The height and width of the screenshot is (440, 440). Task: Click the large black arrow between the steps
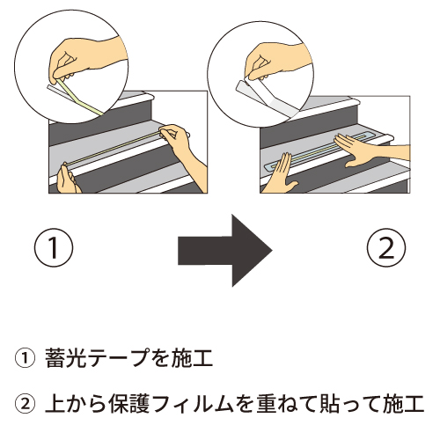[x=226, y=251]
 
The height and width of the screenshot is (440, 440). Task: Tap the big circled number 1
[x=54, y=248]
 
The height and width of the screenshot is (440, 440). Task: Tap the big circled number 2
[x=386, y=248]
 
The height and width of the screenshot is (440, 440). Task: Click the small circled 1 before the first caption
[x=25, y=358]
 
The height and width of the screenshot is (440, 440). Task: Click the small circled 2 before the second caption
[x=25, y=404]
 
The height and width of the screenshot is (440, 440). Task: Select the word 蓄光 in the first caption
[x=67, y=358]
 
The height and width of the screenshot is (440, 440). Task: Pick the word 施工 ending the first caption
[x=192, y=358]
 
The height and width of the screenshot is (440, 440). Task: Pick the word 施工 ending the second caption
[x=404, y=404]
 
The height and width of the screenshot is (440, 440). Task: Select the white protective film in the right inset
[x=266, y=99]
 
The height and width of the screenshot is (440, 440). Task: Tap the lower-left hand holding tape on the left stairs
[x=68, y=179]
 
